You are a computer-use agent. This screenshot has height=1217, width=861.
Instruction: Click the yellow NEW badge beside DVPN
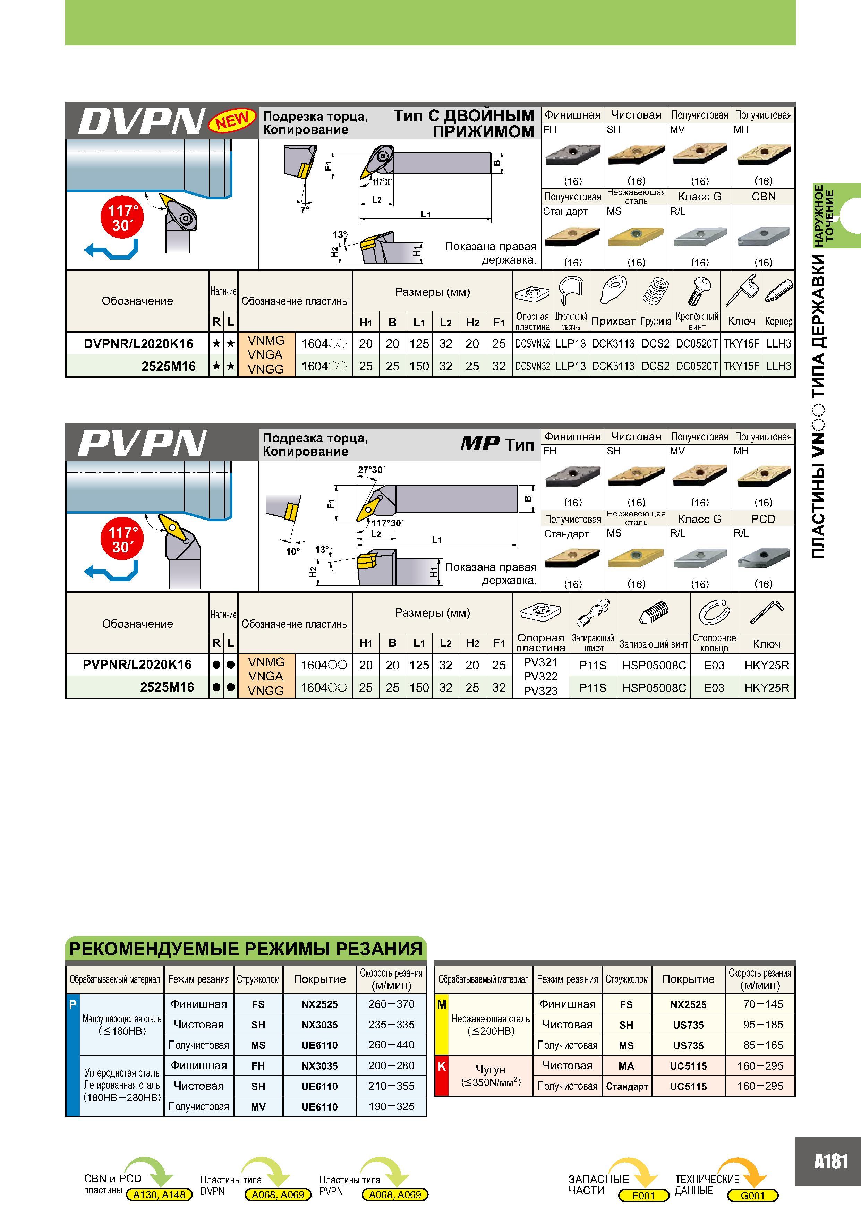232,121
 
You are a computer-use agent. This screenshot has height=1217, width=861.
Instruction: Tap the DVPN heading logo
142,121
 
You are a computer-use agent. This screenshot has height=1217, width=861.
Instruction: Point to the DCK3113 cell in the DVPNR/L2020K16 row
613,343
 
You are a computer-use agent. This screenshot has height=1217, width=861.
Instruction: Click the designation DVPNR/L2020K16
138,343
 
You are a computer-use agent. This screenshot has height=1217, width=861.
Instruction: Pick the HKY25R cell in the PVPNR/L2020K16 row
767,665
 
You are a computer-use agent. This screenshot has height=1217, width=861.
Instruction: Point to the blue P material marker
73,1004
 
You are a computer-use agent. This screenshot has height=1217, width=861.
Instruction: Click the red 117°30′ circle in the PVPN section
122,540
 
